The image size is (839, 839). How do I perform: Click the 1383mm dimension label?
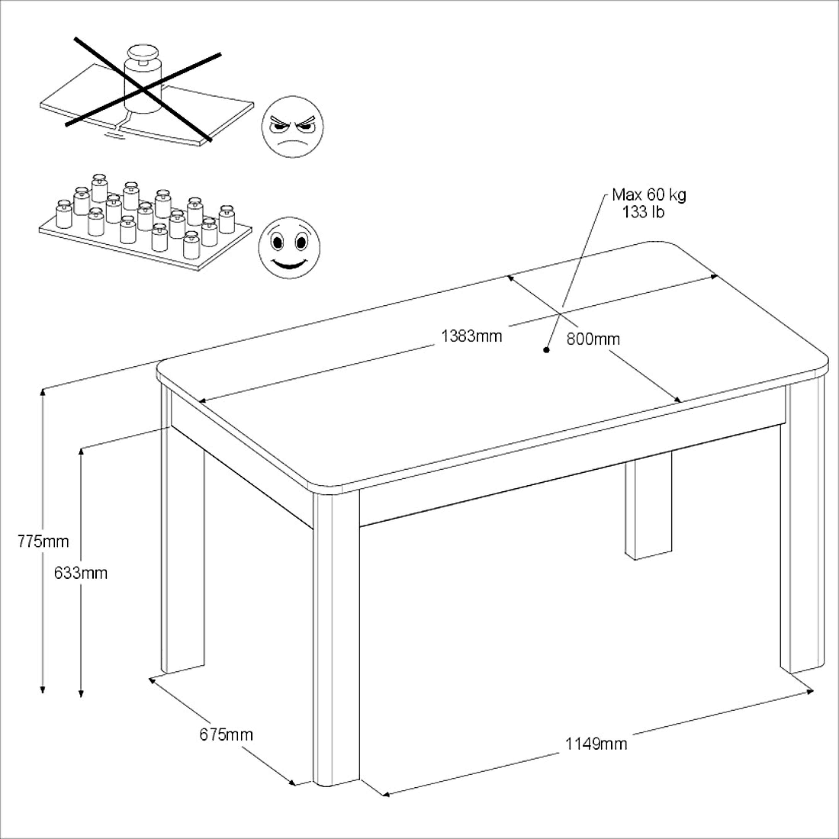pos(472,336)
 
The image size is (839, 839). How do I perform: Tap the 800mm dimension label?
pos(593,339)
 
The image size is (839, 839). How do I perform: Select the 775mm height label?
pos(43,542)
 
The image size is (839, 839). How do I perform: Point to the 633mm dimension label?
pos(81,573)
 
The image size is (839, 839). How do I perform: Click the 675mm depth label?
pos(226,735)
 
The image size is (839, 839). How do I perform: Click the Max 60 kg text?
pos(649,195)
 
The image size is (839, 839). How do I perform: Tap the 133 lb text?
pos(643,212)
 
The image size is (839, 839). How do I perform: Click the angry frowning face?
pos(292,126)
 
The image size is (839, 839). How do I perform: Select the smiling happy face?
pos(289,248)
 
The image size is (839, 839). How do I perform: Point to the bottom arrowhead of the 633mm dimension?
pos(81,695)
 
